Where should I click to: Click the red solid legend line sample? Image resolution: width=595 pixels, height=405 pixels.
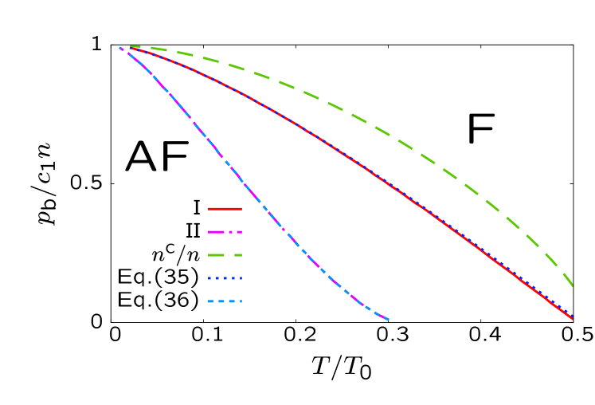click(x=225, y=209)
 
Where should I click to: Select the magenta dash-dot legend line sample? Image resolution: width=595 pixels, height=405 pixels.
click(x=225, y=232)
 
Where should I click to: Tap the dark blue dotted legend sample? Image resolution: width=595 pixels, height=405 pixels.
click(x=225, y=278)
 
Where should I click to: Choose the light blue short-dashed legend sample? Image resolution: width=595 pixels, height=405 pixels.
click(x=225, y=301)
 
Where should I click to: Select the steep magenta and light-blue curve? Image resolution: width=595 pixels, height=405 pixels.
click(x=239, y=179)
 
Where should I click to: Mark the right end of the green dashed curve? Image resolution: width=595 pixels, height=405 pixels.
click(x=573, y=285)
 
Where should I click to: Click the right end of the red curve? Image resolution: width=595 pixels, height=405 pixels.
click(x=573, y=319)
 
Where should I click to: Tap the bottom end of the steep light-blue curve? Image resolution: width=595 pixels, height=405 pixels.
click(x=388, y=320)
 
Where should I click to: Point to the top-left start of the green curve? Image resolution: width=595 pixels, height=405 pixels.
click(x=131, y=46)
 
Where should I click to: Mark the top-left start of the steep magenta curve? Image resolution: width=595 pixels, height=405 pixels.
click(x=120, y=48)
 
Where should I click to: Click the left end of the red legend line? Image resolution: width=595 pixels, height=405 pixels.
click(x=209, y=209)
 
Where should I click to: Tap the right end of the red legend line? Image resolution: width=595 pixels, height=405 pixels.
click(x=241, y=209)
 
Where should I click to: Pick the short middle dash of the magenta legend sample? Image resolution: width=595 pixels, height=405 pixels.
click(x=229, y=232)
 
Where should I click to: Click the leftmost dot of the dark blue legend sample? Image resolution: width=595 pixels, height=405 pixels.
click(x=210, y=278)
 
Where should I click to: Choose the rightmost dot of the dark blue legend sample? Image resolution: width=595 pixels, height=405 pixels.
click(x=240, y=278)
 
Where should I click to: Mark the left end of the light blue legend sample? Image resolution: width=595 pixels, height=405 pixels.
click(x=209, y=301)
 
